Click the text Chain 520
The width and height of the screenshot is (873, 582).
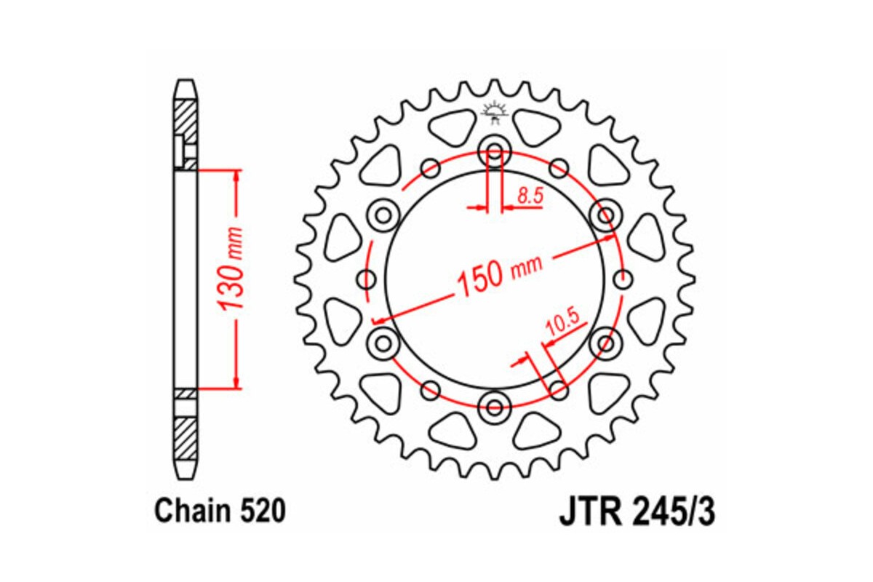tap(219, 511)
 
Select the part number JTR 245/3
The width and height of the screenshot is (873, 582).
tap(637, 511)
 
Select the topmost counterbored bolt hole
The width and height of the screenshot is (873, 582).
tap(495, 154)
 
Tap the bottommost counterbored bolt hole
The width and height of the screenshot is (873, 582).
tap(495, 406)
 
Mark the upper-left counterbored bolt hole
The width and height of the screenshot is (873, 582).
tap(383, 215)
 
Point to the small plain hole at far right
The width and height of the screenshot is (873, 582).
tap(622, 279)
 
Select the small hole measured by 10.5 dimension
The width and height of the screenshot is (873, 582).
tap(558, 386)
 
